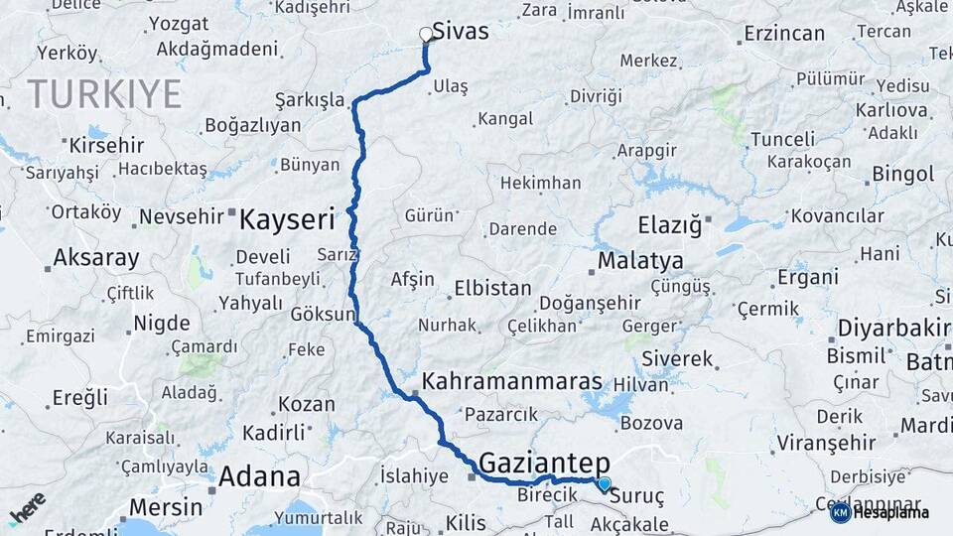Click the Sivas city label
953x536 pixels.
(461, 32)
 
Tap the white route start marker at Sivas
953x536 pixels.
(427, 35)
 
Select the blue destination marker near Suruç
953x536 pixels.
(604, 483)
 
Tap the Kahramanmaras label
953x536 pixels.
(512, 381)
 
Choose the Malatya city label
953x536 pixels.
(640, 261)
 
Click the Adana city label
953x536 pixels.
(259, 476)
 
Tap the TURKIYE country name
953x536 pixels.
(104, 94)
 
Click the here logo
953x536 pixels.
(27, 507)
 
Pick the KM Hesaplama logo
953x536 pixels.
(880, 512)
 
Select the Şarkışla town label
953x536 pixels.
(310, 101)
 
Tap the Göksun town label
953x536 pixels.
(323, 315)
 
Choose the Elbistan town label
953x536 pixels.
(492, 289)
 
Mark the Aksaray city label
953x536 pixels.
(95, 258)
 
